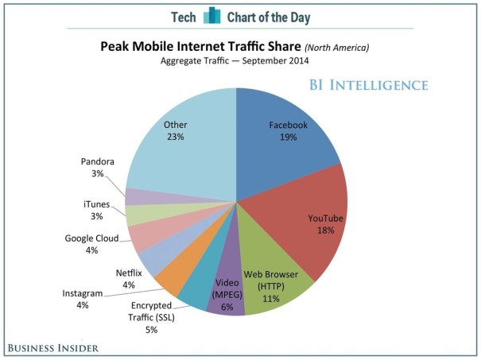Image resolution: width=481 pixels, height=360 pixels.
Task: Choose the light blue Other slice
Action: [x=179, y=139]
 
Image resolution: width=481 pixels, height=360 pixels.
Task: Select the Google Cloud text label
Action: [x=92, y=238]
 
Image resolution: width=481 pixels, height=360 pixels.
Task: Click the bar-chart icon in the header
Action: [x=211, y=16]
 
